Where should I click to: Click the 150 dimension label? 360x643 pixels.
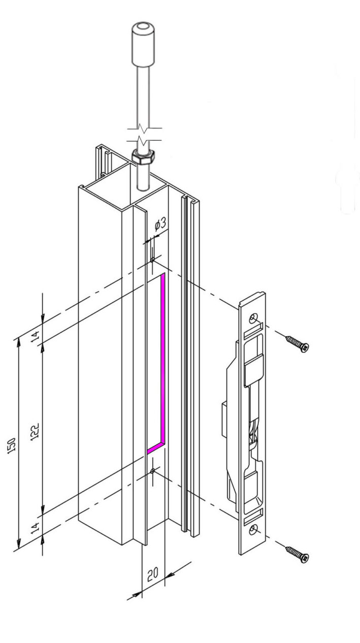pos(12,446)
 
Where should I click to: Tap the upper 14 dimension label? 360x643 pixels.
pos(35,336)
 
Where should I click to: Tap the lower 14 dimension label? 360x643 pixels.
pos(35,528)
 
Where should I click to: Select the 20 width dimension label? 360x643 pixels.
pos(153,573)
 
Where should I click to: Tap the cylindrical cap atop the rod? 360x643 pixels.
pos(143,45)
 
